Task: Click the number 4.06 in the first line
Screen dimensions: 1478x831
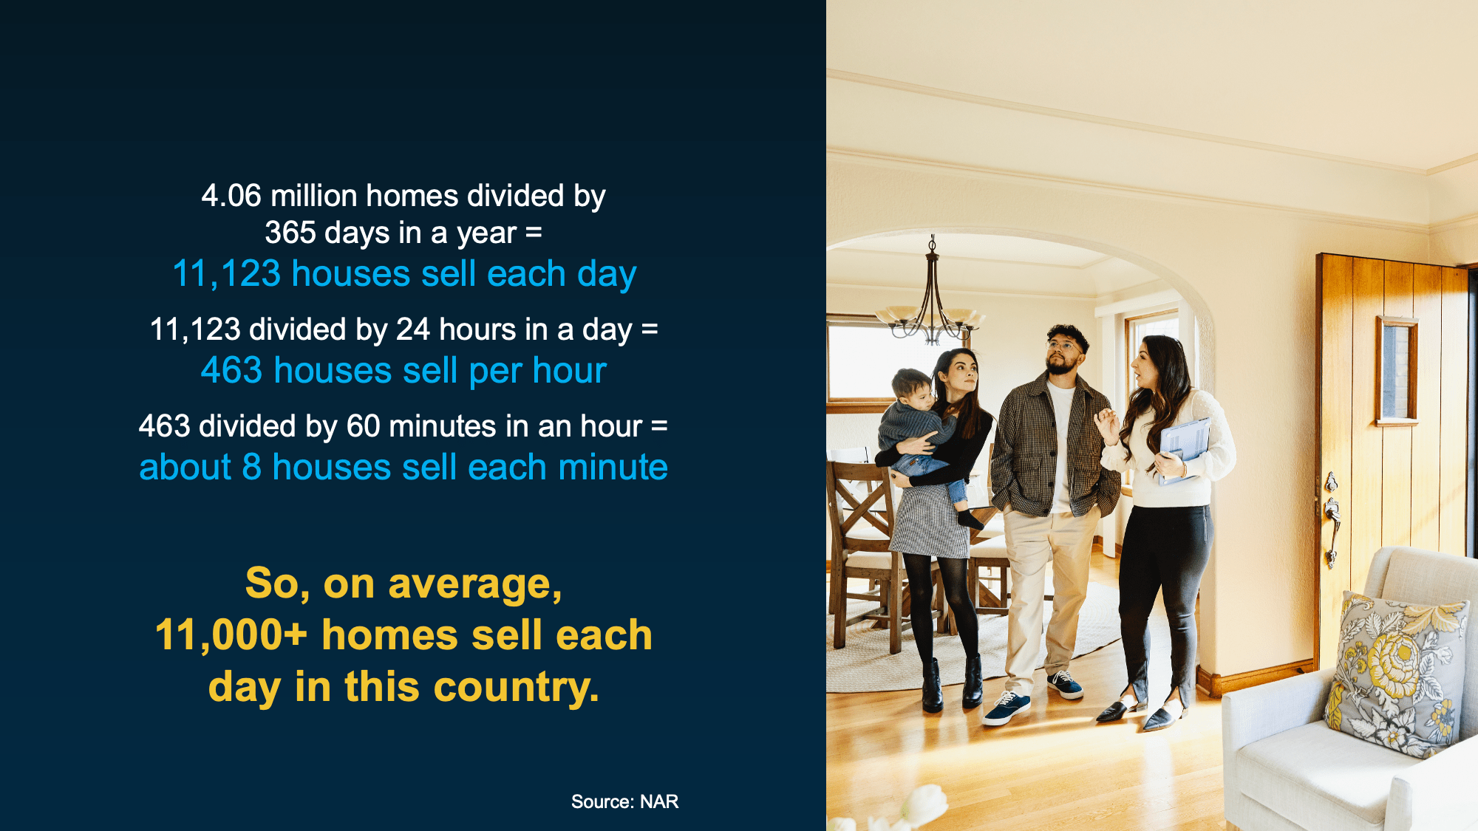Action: tap(231, 196)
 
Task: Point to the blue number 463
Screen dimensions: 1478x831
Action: tap(231, 370)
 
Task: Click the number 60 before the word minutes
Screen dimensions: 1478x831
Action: tap(364, 426)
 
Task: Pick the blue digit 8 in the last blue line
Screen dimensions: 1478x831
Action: tap(252, 468)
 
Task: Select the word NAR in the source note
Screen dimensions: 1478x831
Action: tap(659, 801)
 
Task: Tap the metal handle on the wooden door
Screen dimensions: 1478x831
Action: tap(1332, 517)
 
